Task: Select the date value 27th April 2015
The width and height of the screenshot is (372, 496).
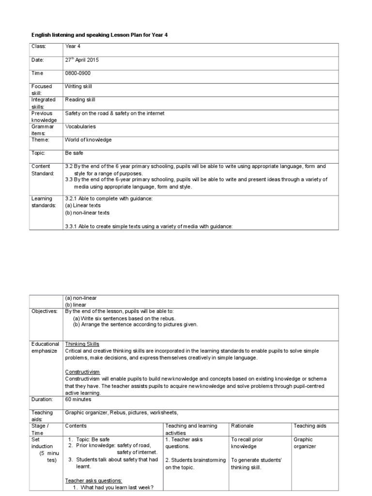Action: [x=83, y=60]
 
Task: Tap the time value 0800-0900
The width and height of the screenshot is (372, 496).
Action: [x=77, y=73]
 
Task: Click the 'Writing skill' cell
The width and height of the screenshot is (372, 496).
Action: [x=78, y=86]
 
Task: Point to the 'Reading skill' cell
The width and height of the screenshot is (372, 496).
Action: [x=80, y=100]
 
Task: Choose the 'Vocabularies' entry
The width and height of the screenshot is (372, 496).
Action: [x=80, y=126]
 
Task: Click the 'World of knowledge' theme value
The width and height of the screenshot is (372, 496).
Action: [x=88, y=139]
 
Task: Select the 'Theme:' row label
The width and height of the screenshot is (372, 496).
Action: [x=41, y=139]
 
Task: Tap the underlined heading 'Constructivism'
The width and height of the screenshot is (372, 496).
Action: [x=82, y=372]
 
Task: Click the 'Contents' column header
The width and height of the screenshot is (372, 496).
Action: [x=76, y=426]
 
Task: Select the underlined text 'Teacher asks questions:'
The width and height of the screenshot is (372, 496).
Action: [x=93, y=480]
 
